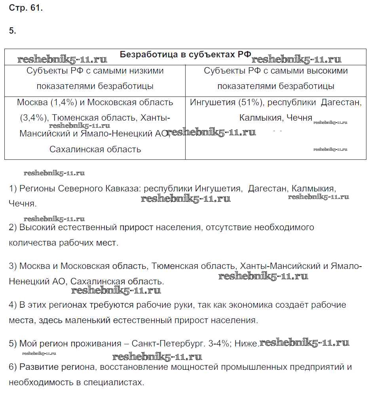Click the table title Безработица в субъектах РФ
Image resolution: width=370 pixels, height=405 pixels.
pyautogui.click(x=185, y=55)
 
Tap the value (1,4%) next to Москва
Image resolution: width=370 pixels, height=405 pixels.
pyautogui.click(x=64, y=102)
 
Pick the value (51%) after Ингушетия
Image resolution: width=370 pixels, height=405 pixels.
pyautogui.click(x=250, y=102)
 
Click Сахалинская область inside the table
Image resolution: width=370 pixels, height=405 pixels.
pyautogui.click(x=95, y=150)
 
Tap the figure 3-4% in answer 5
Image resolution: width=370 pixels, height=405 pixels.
pyautogui.click(x=219, y=344)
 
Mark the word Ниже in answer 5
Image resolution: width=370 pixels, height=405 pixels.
pyautogui.click(x=246, y=344)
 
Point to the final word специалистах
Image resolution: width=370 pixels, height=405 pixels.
pyautogui.click(x=117, y=382)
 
